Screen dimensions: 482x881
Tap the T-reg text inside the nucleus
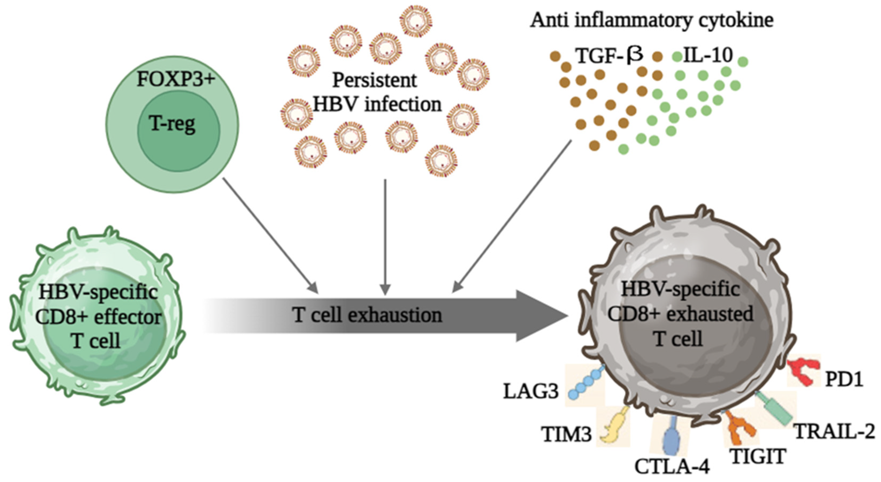[x=172, y=124]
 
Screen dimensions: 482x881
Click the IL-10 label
[x=708, y=55]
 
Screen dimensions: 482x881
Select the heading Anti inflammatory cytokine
[x=652, y=21]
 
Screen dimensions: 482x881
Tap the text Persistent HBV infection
[x=376, y=92]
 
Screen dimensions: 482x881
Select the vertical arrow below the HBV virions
[x=385, y=236]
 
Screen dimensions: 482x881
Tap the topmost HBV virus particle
[x=416, y=21]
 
